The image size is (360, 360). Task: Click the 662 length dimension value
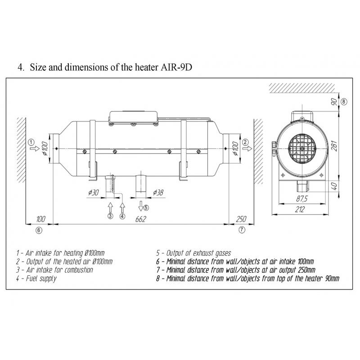pyautogui.click(x=140, y=219)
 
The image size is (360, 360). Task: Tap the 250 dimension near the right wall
pyautogui.click(x=241, y=219)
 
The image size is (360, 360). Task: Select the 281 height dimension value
pyautogui.click(x=335, y=145)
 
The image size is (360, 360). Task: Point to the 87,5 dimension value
pyautogui.click(x=301, y=198)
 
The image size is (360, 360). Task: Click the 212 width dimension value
pyautogui.click(x=300, y=209)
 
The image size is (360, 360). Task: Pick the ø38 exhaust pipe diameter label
pyautogui.click(x=158, y=193)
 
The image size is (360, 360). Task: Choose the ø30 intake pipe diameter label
pyautogui.click(x=94, y=193)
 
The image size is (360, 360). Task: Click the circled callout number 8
pyautogui.click(x=344, y=102)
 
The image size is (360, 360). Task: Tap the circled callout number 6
pyautogui.click(x=39, y=230)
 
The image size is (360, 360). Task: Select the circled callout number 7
pyautogui.click(x=242, y=229)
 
